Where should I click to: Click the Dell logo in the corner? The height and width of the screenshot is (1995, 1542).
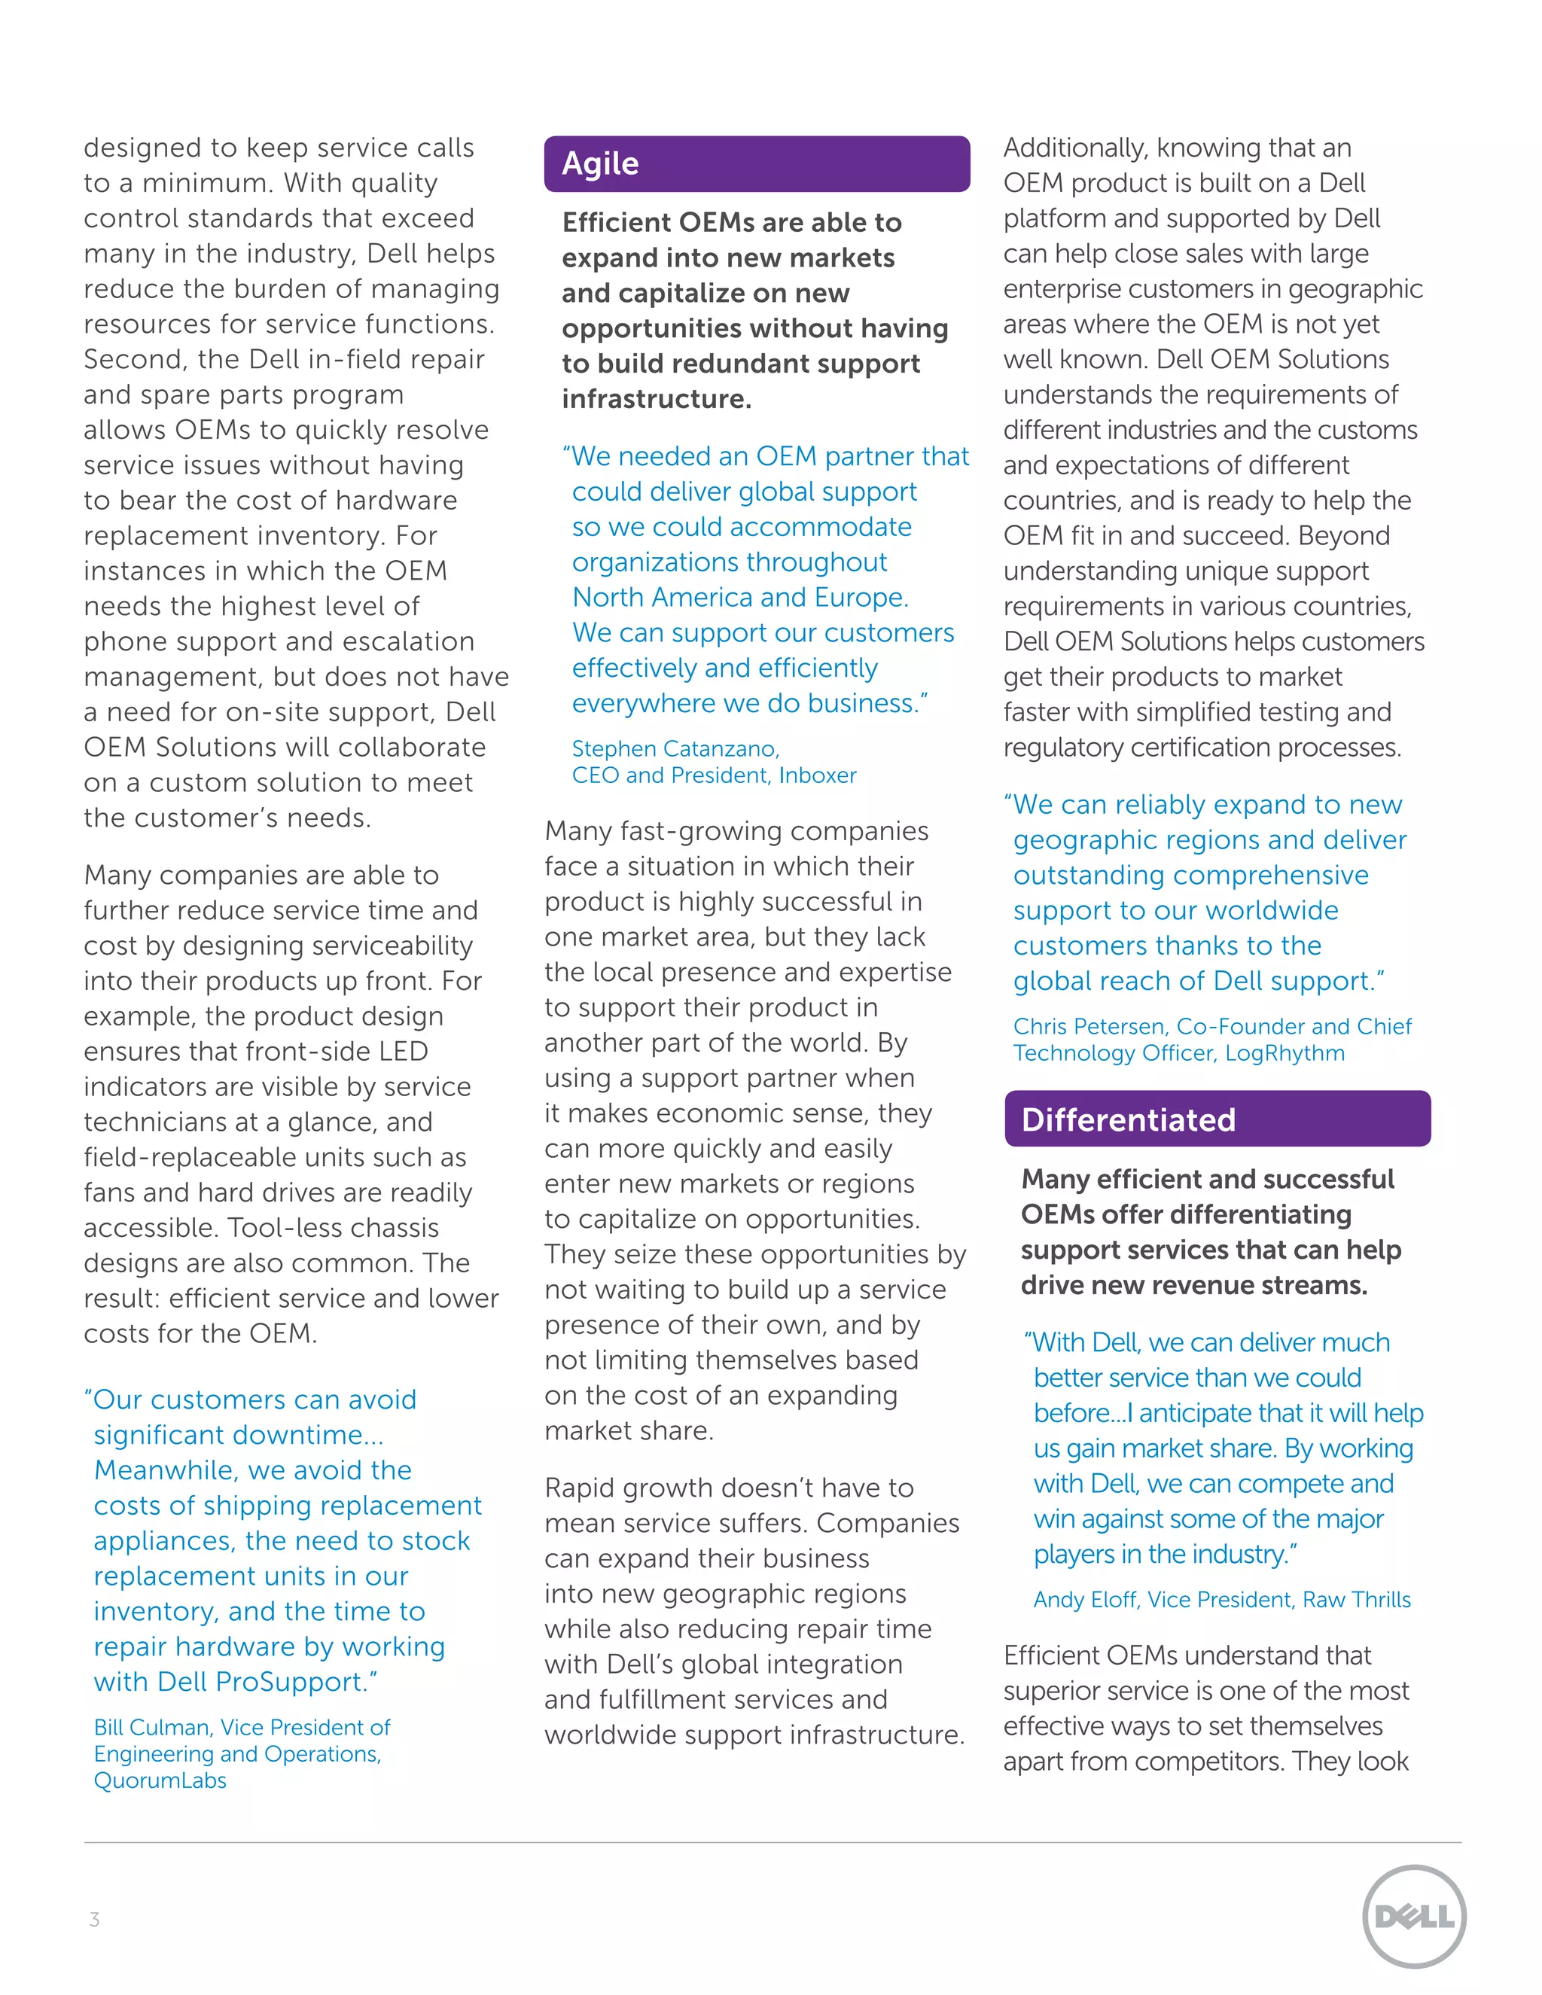(x=1413, y=1915)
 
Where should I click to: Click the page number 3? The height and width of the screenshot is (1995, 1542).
(x=94, y=1919)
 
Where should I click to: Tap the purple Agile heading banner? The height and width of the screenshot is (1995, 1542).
(x=757, y=164)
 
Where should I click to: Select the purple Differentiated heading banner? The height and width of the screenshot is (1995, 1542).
(x=1217, y=1119)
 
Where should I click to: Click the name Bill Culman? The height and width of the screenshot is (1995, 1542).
(x=151, y=1727)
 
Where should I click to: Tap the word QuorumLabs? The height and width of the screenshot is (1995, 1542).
(x=160, y=1780)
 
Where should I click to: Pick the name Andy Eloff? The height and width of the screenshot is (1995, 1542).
(x=1084, y=1600)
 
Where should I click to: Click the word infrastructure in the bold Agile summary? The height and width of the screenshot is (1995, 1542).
(x=656, y=399)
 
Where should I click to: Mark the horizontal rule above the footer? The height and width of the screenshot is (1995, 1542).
(x=772, y=1842)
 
